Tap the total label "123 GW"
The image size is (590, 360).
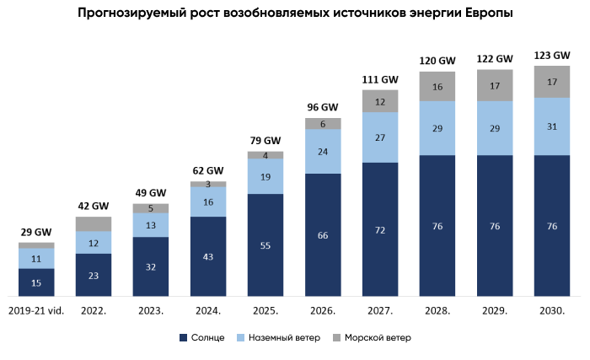pyautogui.click(x=552, y=56)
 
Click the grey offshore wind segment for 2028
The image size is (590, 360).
pyautogui.click(x=437, y=87)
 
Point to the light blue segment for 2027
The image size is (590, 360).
pyautogui.click(x=380, y=137)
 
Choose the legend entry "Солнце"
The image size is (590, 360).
pyautogui.click(x=201, y=337)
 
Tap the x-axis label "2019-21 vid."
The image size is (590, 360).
pyautogui.click(x=36, y=310)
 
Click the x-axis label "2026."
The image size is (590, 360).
pyautogui.click(x=323, y=310)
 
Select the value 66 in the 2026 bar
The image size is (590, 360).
pyautogui.click(x=323, y=235)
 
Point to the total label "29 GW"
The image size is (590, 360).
pyautogui.click(x=36, y=232)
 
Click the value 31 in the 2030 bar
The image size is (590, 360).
pyautogui.click(x=552, y=126)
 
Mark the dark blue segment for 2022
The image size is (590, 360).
pyautogui.click(x=94, y=275)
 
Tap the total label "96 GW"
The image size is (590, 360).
pyautogui.click(x=323, y=107)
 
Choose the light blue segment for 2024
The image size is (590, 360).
pyautogui.click(x=208, y=201)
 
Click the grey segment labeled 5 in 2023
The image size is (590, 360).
pyautogui.click(x=151, y=208)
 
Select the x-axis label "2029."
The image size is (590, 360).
pyautogui.click(x=495, y=310)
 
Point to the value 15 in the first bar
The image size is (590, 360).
pyautogui.click(x=36, y=282)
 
